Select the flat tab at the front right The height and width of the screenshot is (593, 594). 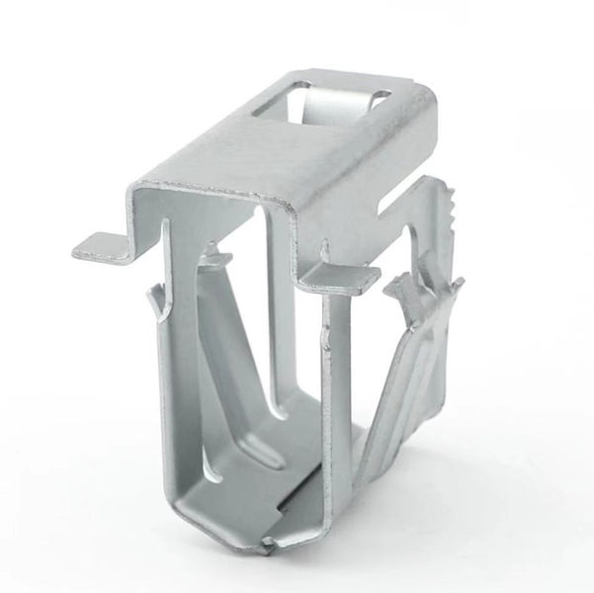[x=340, y=277]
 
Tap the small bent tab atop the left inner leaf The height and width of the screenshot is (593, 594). [x=215, y=259]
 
